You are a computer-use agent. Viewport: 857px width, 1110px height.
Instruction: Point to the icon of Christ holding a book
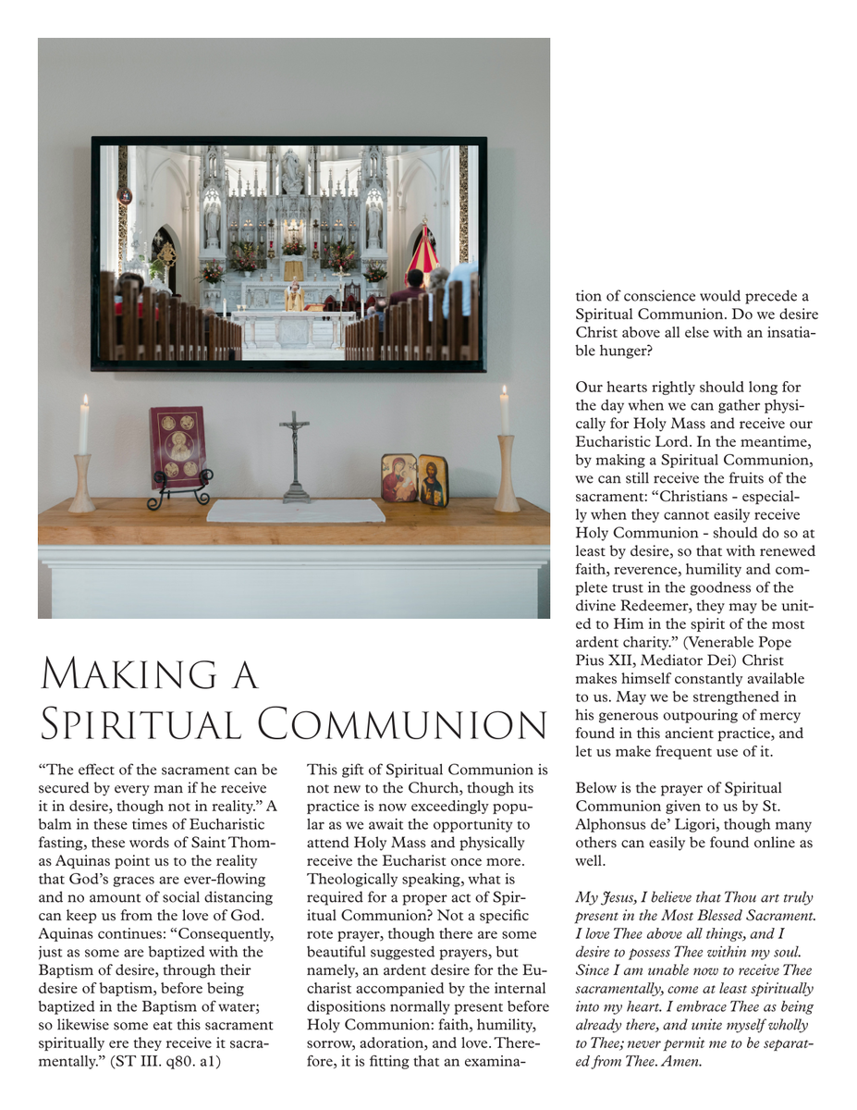(434, 479)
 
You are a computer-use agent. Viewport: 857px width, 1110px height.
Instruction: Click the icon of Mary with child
(399, 477)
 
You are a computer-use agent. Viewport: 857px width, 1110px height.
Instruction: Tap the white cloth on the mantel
(295, 510)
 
